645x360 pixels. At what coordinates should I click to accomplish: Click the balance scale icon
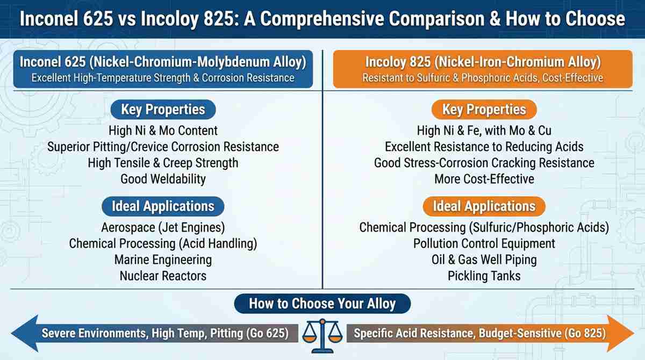point(322,335)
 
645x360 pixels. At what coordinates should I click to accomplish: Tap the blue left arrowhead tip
point(11,333)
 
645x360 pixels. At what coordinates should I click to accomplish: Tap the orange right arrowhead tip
point(634,333)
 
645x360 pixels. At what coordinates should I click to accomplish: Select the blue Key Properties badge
point(163,110)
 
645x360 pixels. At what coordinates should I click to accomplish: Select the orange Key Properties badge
point(484,110)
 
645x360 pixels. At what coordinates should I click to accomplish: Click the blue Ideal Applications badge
point(163,206)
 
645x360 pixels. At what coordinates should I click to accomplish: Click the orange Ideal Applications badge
point(484,206)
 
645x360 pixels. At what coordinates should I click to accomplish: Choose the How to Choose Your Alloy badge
point(322,304)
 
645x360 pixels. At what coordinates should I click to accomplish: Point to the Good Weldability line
point(163,179)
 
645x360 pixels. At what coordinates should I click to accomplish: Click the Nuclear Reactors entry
point(163,276)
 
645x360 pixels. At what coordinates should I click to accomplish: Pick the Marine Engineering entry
point(163,260)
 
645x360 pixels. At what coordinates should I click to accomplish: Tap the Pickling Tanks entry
point(484,276)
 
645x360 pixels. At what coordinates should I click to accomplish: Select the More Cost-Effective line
point(484,179)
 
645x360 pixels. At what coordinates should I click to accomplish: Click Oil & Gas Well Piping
point(484,260)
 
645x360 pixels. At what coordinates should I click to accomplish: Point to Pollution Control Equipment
point(484,244)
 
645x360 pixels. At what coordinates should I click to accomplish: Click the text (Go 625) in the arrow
point(268,333)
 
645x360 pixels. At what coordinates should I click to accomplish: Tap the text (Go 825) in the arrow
point(585,333)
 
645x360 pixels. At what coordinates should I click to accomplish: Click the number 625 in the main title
point(98,19)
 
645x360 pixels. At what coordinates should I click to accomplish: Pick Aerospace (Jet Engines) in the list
point(163,228)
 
